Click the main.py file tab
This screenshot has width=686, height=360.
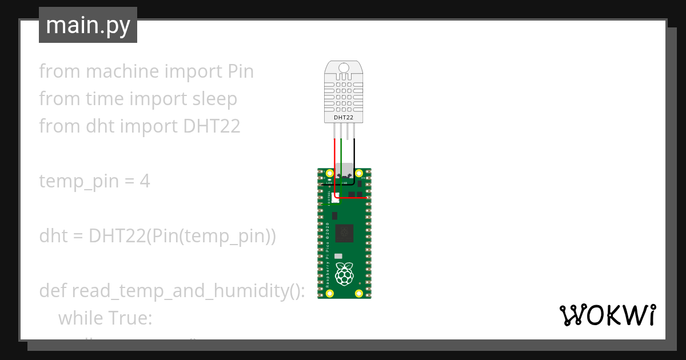(87, 25)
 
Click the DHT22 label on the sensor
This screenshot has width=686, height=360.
(344, 118)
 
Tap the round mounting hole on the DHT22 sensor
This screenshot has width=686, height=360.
(344, 69)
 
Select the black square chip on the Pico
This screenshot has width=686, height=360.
(344, 233)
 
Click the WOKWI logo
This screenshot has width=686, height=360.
(607, 315)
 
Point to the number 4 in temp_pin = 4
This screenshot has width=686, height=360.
(145, 181)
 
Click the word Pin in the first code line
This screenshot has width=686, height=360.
(241, 71)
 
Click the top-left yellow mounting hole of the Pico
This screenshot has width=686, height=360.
(329, 173)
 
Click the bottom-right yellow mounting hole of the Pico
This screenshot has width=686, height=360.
(359, 293)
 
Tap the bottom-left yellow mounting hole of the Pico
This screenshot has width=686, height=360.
(329, 293)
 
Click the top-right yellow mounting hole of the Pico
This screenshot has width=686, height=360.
(359, 173)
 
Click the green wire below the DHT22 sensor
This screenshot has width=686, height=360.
(341, 154)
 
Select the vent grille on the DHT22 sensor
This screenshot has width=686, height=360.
(344, 94)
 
